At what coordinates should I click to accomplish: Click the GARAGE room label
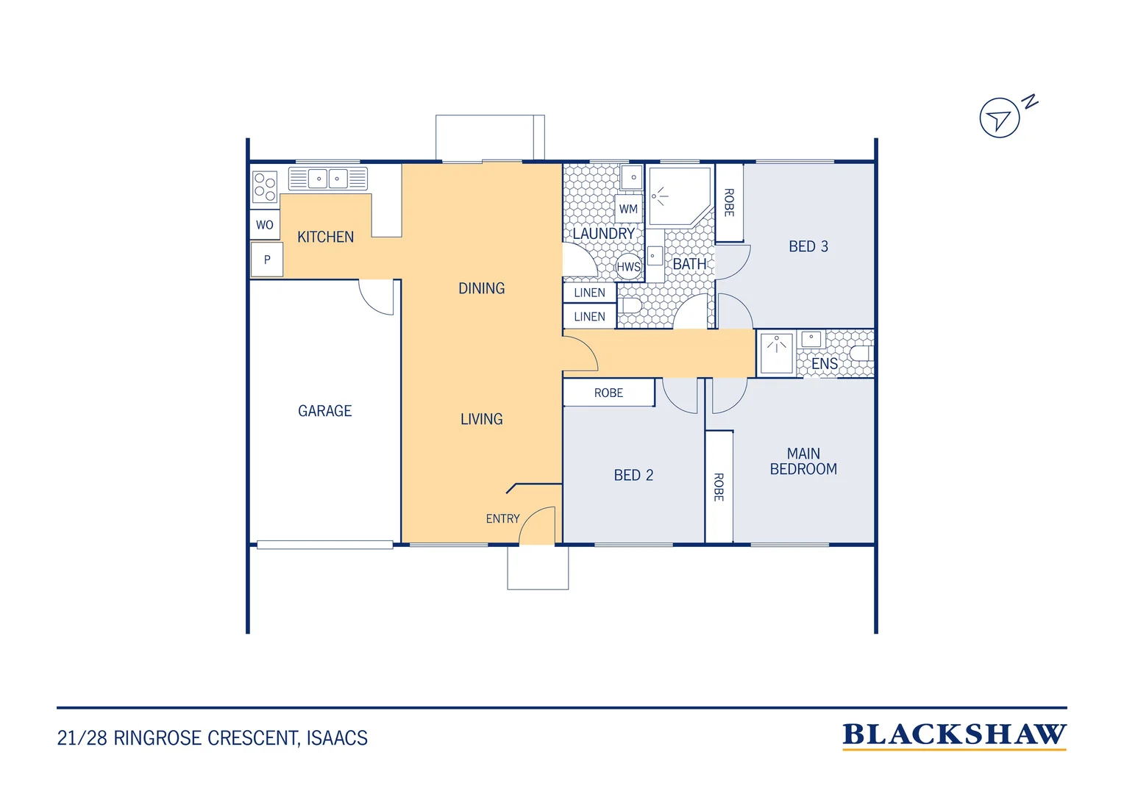pos(324,411)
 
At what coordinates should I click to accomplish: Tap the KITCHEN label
pos(325,237)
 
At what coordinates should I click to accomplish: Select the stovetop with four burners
pos(265,187)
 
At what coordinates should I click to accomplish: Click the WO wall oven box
pos(265,224)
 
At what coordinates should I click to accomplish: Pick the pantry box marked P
pos(267,260)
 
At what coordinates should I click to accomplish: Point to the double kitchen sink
pos(327,179)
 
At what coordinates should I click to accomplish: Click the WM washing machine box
pos(629,209)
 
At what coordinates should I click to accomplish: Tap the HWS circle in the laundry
pos(629,267)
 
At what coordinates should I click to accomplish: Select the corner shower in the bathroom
pos(680,196)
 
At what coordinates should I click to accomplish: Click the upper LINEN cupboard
pos(590,293)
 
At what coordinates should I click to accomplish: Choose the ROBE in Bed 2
pos(608,393)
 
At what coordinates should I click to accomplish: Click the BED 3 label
pos(808,246)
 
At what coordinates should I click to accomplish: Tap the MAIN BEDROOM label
pos(803,461)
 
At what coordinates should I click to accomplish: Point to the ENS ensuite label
pos(825,364)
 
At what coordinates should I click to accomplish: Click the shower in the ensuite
pos(777,354)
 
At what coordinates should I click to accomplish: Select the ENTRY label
pos(503,518)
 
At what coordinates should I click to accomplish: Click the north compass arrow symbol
pos(1000,118)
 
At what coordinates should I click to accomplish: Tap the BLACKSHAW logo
pos(954,736)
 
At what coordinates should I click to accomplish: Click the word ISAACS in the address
pos(337,738)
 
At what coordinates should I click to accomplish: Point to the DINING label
pos(482,288)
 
